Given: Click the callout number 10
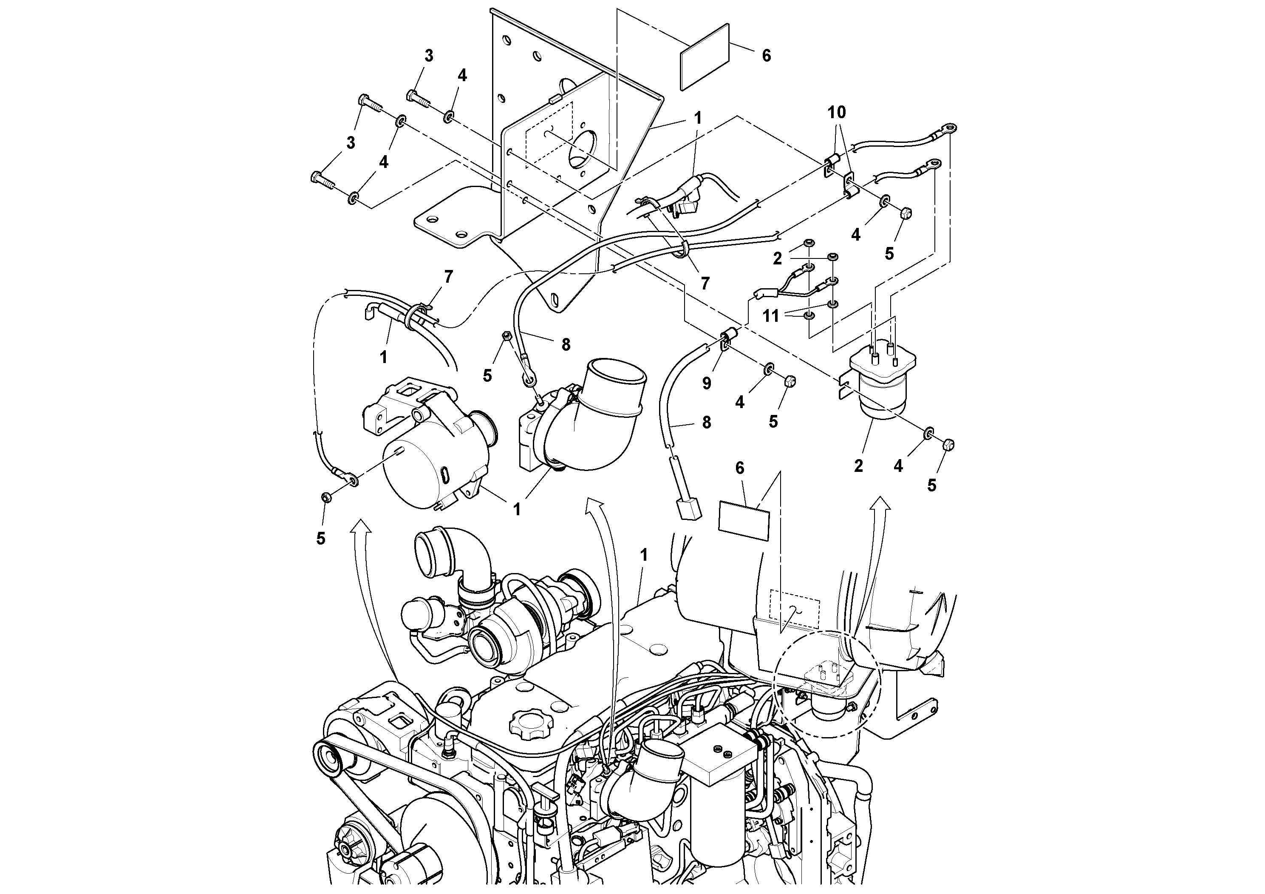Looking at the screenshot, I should pyautogui.click(x=836, y=112).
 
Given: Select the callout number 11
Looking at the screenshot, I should pyautogui.click(x=771, y=316).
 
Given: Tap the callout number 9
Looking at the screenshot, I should pyautogui.click(x=707, y=383).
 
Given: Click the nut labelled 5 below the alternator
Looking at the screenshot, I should pyautogui.click(x=325, y=498).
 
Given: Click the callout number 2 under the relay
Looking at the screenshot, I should pyautogui.click(x=858, y=466).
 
